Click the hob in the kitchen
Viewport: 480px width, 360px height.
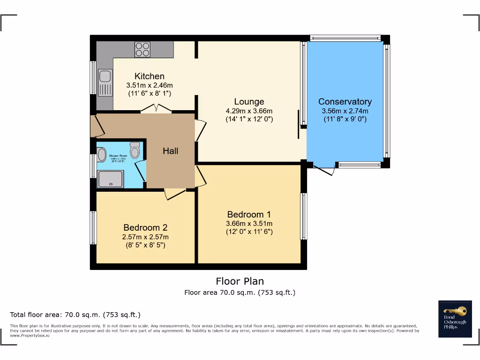(142, 49)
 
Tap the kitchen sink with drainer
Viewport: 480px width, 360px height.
(105, 82)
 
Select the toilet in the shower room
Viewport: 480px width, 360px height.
(135, 150)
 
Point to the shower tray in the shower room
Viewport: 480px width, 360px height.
(110, 179)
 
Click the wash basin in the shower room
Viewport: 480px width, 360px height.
(102, 155)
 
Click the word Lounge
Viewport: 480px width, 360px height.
(249, 102)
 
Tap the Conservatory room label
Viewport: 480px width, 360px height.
(345, 102)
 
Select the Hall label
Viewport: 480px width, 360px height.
(171, 151)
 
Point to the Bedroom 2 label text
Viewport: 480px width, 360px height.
(145, 228)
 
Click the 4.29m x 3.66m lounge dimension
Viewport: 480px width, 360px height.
(249, 111)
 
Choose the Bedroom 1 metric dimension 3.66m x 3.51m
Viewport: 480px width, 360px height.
(249, 224)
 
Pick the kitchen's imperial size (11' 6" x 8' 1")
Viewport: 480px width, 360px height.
(150, 93)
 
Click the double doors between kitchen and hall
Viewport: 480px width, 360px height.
(156, 109)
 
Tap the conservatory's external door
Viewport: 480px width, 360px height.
(324, 170)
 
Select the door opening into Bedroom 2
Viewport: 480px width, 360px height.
(175, 194)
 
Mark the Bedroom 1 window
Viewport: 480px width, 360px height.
(304, 216)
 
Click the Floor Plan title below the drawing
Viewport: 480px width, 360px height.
(240, 281)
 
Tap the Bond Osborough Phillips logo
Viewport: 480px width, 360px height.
(454, 319)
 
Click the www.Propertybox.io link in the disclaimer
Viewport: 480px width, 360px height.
(29, 335)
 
